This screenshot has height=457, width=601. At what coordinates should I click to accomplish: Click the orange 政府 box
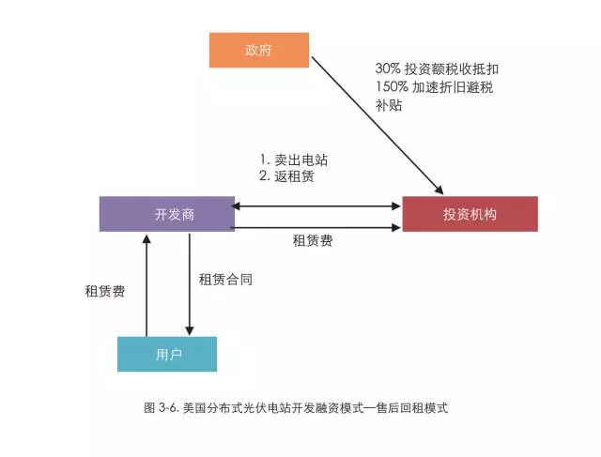click(x=258, y=51)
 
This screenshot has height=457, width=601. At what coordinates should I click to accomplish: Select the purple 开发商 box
click(x=167, y=214)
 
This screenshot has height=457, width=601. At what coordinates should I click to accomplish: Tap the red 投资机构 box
click(x=470, y=214)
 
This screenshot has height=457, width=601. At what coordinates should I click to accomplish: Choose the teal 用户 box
click(x=167, y=354)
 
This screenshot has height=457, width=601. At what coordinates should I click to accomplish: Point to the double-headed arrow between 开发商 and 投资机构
click(x=317, y=206)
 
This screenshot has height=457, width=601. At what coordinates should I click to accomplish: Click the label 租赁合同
click(x=225, y=280)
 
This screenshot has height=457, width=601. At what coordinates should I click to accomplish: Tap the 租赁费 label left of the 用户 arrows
click(x=105, y=292)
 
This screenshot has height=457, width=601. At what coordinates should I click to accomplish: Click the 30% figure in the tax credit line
click(x=387, y=69)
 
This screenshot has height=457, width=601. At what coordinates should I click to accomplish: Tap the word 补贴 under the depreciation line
click(x=388, y=106)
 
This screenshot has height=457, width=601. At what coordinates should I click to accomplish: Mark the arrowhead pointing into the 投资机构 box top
click(x=439, y=190)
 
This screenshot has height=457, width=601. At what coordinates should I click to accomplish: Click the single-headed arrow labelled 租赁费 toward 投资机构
click(x=317, y=227)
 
